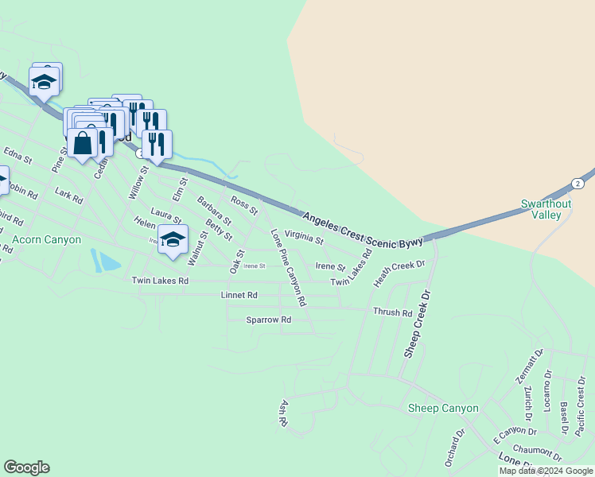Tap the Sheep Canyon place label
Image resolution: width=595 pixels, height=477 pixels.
443,409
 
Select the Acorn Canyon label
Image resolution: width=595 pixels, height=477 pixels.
46,239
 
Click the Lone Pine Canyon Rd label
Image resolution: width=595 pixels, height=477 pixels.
288,269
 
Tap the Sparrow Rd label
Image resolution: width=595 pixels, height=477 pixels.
269,320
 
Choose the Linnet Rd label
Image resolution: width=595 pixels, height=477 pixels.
239,295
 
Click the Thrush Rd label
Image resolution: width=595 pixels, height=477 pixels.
392,312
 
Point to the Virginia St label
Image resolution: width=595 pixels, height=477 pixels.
304,237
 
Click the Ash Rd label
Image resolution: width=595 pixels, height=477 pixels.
282,413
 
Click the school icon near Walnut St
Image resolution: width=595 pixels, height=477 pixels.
173,240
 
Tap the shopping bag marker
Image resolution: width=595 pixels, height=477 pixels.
83,144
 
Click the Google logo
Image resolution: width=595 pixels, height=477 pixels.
26,467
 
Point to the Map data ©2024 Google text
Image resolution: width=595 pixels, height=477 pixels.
545,471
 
